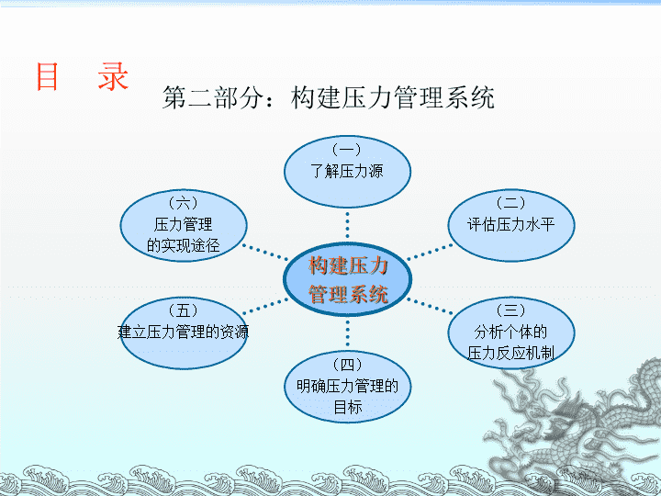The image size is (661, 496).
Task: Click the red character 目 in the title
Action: point(47,76)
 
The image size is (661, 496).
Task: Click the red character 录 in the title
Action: point(113,76)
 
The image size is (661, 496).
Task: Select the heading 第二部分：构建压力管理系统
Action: point(329,97)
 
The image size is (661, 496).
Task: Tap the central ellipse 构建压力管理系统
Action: point(347,279)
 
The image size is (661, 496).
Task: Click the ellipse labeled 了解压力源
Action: point(347,171)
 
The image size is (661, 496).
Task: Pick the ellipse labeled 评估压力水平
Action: point(511,225)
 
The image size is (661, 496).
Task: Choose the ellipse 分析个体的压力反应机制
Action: point(511,333)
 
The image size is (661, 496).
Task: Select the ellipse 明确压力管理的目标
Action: point(347,387)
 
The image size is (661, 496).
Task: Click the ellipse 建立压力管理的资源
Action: point(184,333)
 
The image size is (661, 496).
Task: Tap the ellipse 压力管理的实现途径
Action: point(184,225)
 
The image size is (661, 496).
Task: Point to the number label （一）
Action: point(347,150)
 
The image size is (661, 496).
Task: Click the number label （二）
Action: point(511,203)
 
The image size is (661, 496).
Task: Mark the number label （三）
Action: point(511,310)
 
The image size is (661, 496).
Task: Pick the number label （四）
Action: point(347,365)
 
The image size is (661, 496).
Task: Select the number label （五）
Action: point(184,310)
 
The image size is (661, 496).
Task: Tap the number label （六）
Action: point(184,203)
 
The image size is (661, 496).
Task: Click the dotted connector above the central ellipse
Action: point(347,225)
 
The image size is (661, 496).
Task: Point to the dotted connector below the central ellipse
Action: point(347,333)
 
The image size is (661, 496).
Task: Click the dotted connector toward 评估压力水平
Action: point(430,252)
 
